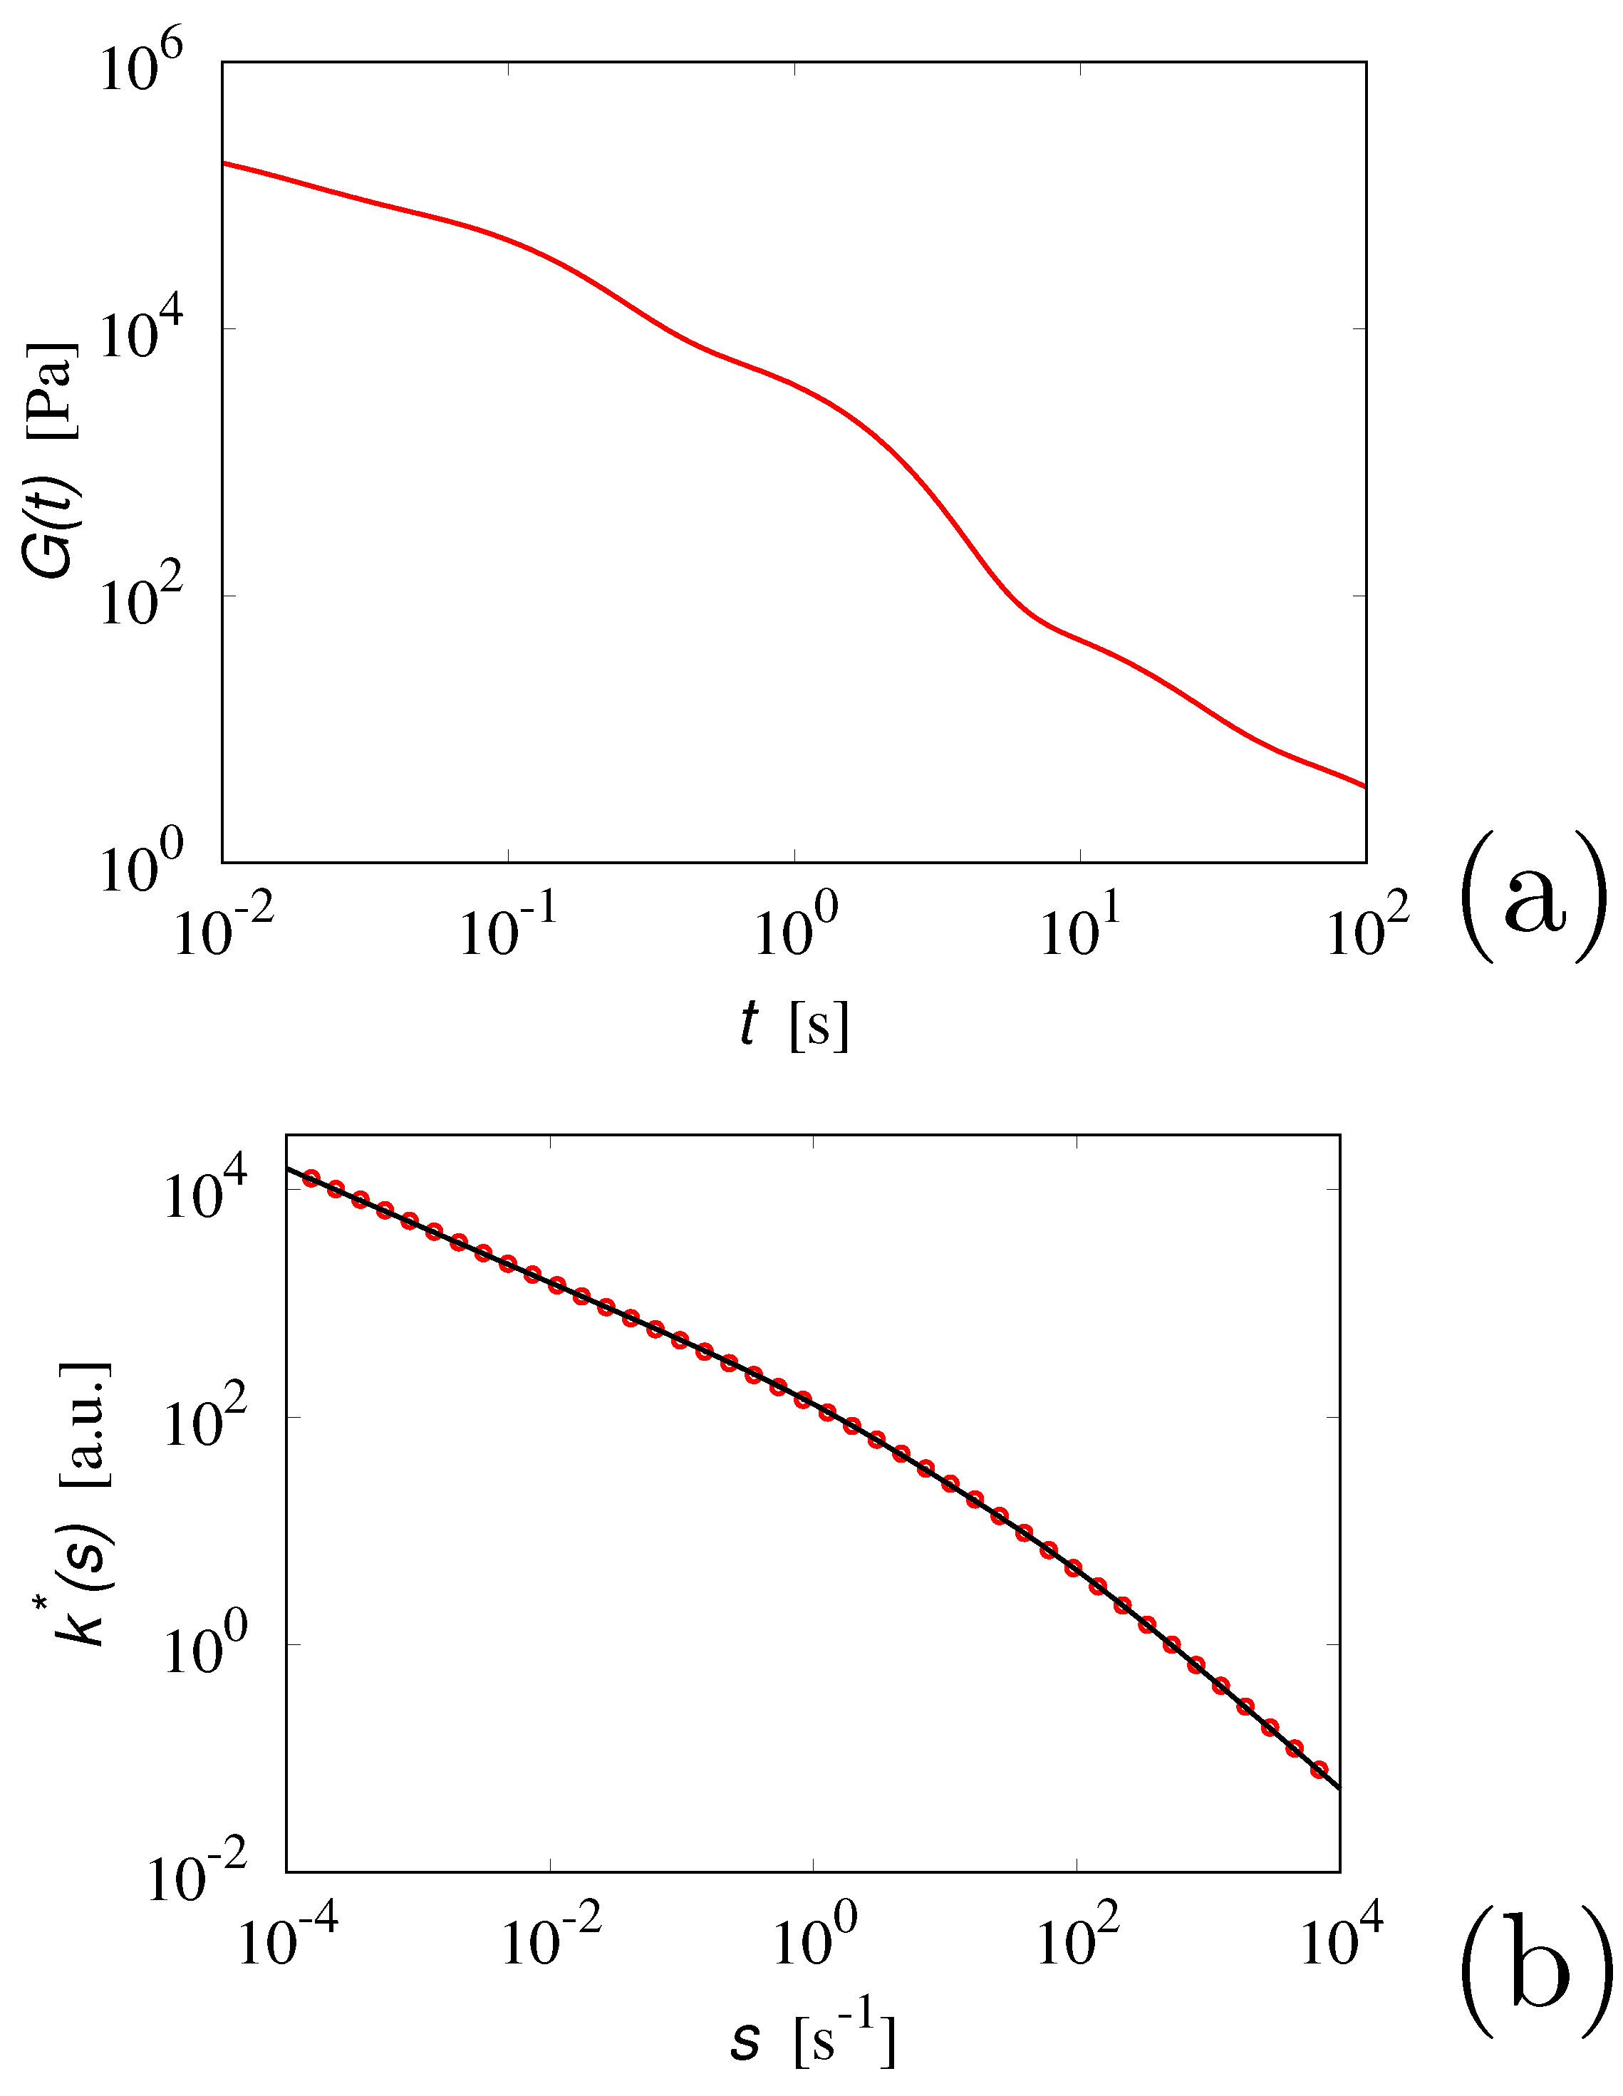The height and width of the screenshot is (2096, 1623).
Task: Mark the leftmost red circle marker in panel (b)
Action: [x=311, y=1178]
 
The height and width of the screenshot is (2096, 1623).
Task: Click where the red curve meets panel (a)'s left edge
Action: [x=224, y=163]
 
